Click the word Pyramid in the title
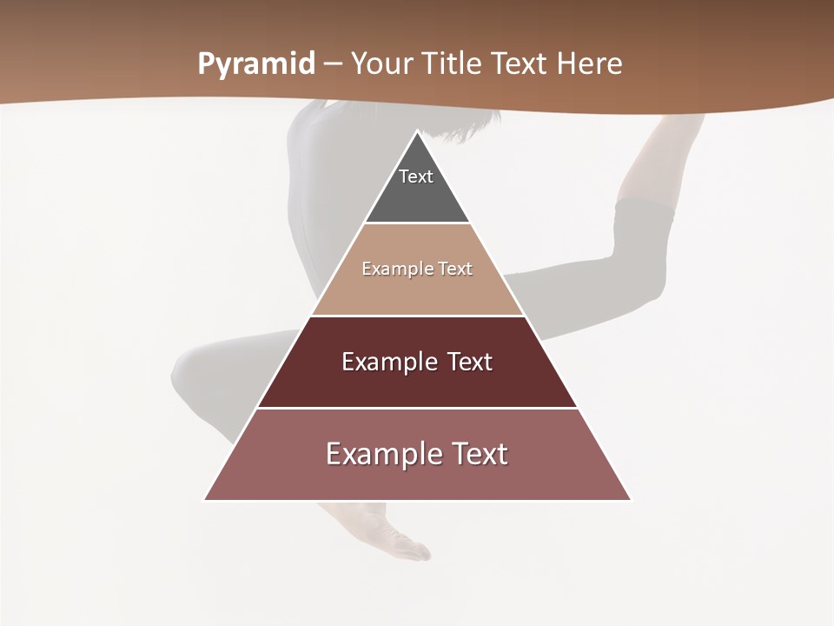[x=255, y=64]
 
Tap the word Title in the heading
[x=453, y=63]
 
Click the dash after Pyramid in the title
[x=333, y=64]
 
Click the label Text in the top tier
[x=416, y=176]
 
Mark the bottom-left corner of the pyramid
[x=205, y=500]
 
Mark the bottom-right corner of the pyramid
[x=631, y=500]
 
